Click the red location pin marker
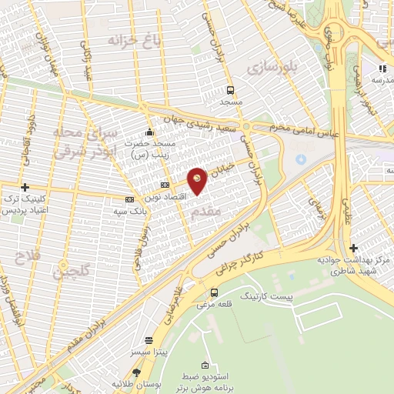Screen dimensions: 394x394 click(197, 179)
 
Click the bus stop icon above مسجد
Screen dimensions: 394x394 click(231, 89)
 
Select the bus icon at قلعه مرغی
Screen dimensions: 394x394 click(214, 292)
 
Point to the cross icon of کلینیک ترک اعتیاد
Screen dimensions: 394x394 click(25, 187)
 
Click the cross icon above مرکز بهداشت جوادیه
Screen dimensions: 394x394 click(353, 248)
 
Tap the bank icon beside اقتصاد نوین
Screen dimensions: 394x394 click(165, 185)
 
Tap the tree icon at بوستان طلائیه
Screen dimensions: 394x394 click(137, 373)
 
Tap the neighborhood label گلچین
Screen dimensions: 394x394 click(72, 271)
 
